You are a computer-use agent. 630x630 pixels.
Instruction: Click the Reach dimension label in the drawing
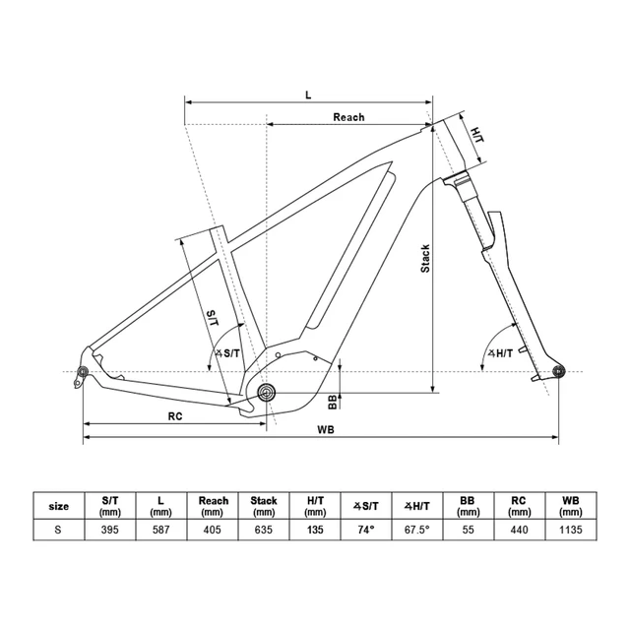point(348,117)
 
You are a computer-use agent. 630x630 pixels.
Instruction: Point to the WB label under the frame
point(323,430)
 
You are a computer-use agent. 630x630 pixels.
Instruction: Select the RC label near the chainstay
point(175,415)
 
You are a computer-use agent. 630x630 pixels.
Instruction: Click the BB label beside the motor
point(333,402)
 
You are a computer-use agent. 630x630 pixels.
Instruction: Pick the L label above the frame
point(307,94)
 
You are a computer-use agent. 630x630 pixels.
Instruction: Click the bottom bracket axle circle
point(265,393)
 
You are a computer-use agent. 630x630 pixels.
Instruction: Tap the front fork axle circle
point(558,371)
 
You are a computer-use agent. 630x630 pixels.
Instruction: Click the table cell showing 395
point(109,530)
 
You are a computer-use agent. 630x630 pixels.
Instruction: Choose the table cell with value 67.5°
point(416,530)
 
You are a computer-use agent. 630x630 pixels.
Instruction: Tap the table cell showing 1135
point(570,530)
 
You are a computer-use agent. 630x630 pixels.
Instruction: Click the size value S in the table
point(58,530)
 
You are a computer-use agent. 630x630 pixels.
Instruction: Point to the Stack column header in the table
point(263,506)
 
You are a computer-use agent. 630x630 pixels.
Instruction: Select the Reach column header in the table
point(214,506)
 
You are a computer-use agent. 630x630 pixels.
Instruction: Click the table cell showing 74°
point(365,530)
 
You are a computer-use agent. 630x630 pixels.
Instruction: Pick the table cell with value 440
point(519,530)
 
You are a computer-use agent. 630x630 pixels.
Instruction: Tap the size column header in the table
point(58,506)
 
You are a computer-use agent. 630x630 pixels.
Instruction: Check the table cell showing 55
point(468,530)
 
